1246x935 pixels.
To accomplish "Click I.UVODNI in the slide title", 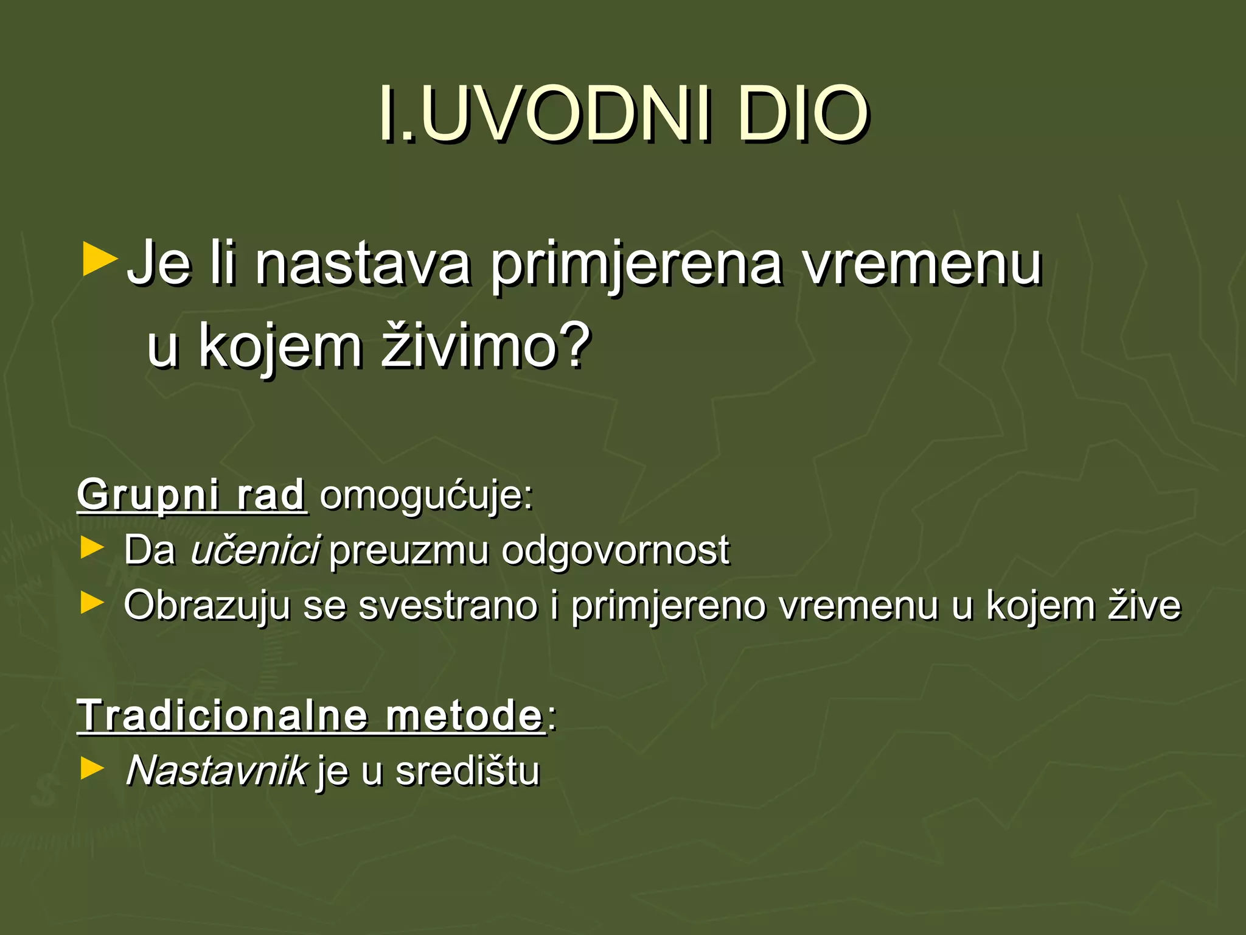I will [x=545, y=113].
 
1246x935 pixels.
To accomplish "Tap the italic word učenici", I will [x=255, y=550].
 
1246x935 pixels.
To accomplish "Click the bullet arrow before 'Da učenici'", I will [x=92, y=548].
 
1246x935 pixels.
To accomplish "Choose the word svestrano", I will [x=448, y=606].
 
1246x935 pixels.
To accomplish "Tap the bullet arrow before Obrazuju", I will [x=92, y=603].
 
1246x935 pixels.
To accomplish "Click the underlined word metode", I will [x=464, y=715].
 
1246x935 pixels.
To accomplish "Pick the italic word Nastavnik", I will [x=217, y=771].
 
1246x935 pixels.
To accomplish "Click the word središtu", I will [x=467, y=771].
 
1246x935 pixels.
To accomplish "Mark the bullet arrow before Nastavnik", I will [x=92, y=769].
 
